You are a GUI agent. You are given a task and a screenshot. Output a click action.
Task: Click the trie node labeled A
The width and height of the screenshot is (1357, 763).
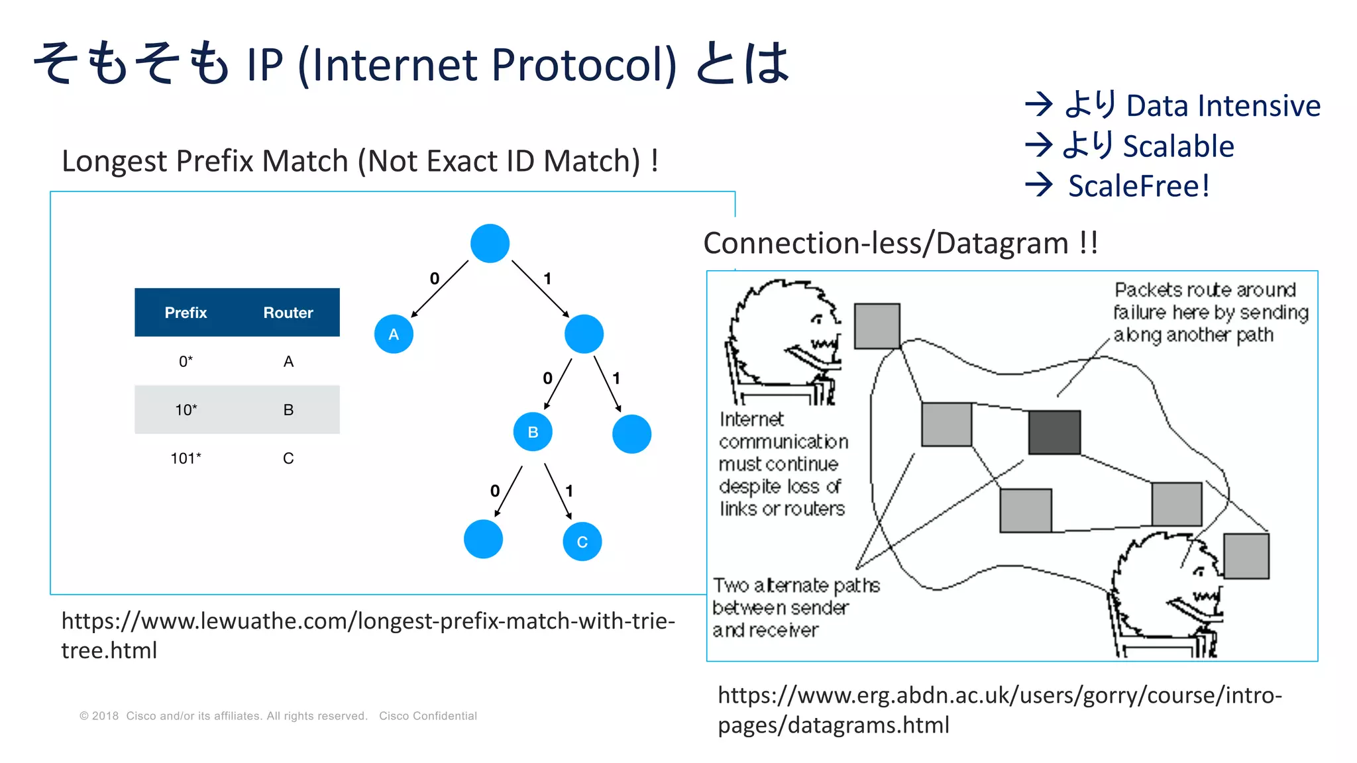394,334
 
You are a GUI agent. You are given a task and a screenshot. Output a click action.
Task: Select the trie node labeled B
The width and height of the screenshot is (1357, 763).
533,432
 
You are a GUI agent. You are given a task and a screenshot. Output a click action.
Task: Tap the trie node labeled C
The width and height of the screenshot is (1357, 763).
582,542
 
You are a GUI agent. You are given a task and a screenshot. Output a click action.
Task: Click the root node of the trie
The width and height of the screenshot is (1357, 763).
490,243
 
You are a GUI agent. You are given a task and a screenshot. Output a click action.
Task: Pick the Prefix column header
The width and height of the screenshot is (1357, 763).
186,313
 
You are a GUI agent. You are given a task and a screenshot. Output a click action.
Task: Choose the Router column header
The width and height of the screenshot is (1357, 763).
288,313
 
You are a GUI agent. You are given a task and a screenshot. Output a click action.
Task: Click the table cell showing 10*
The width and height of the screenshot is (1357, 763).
186,410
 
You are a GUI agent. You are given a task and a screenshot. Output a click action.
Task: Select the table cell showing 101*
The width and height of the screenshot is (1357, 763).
186,458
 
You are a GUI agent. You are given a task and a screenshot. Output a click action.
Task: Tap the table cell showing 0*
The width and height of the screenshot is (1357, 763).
186,362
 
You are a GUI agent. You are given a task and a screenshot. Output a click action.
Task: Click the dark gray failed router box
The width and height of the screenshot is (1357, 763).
1054,432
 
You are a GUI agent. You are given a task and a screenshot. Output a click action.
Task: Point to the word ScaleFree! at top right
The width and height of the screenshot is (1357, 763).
1138,186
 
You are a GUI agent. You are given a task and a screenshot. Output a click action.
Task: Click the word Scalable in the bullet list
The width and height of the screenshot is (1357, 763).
1178,146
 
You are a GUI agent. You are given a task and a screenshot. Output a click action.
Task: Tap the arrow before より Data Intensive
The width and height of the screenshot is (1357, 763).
1038,105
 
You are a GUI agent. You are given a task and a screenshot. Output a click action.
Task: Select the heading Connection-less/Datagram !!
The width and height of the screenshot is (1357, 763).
900,243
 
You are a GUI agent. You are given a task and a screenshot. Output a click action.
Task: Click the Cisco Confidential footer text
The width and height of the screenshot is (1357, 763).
427,716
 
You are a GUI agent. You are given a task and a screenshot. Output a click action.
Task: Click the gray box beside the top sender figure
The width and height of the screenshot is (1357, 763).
877,326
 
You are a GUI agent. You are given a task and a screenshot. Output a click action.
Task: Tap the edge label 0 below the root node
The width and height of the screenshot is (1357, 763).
434,278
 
